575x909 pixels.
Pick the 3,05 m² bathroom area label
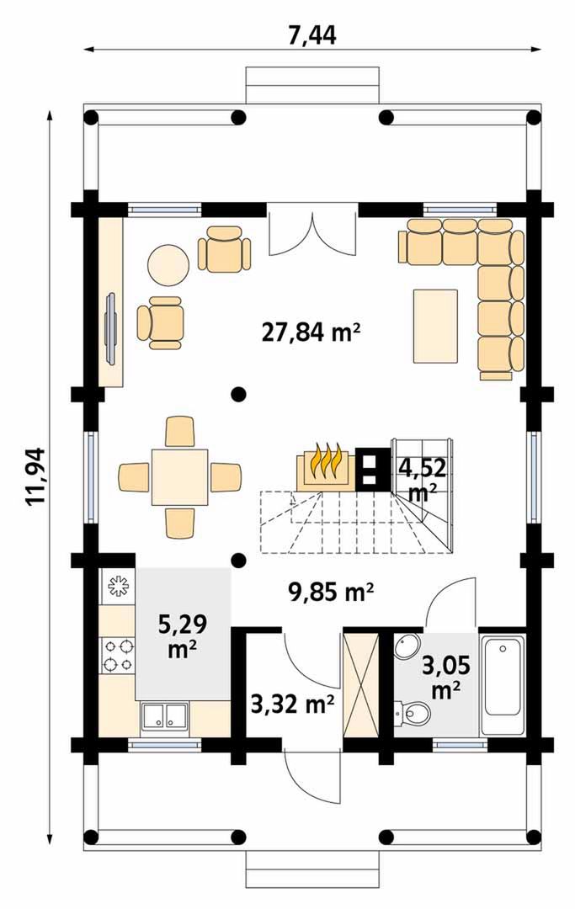click(x=445, y=677)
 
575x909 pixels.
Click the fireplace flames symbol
click(x=326, y=461)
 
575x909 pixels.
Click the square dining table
click(x=179, y=477)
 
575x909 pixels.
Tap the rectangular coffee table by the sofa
click(x=435, y=326)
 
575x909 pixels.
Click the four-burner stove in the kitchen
click(x=117, y=655)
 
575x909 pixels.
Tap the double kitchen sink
click(x=163, y=715)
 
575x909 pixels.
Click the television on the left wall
click(x=111, y=328)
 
